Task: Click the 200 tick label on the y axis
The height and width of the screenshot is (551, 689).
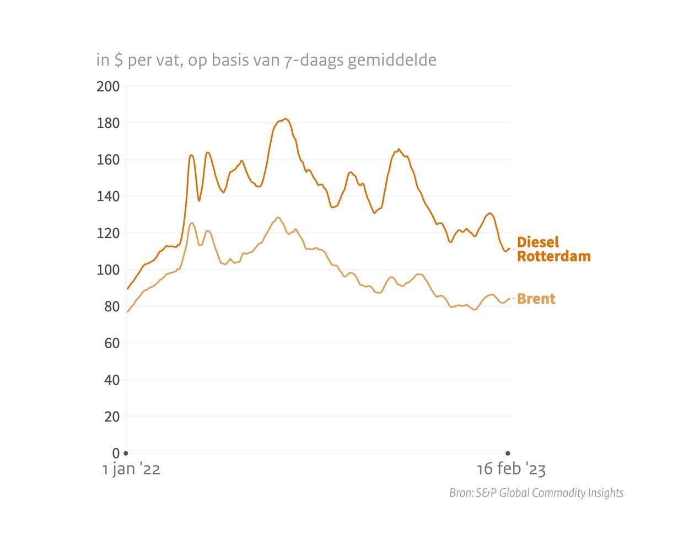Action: pos(108,87)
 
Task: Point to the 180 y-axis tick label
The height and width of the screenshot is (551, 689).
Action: pos(108,123)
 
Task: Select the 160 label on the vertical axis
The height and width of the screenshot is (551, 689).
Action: pos(108,160)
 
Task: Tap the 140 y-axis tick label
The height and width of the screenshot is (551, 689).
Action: pos(108,197)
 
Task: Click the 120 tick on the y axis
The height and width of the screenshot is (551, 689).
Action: pos(108,233)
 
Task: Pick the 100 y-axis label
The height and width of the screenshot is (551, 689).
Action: pos(108,270)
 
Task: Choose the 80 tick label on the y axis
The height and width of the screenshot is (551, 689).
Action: pos(111,307)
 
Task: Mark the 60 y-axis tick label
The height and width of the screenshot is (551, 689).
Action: pos(111,343)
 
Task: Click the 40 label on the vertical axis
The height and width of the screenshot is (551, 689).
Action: pos(111,380)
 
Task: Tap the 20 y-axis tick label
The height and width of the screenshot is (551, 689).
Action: pos(111,417)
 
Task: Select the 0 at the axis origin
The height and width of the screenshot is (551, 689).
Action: pos(116,453)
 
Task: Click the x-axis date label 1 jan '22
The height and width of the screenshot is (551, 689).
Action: pos(131,469)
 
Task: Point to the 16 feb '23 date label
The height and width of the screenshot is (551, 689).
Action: pos(511,469)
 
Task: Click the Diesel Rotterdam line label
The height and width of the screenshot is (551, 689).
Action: pos(553,249)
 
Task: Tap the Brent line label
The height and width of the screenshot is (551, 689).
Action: pos(536,299)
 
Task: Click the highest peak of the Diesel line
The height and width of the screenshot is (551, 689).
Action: pos(284,119)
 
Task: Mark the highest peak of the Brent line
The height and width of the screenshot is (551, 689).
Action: pos(278,218)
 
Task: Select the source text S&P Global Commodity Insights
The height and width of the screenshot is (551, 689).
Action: pos(550,493)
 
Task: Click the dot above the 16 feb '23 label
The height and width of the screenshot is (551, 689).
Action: pos(508,453)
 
